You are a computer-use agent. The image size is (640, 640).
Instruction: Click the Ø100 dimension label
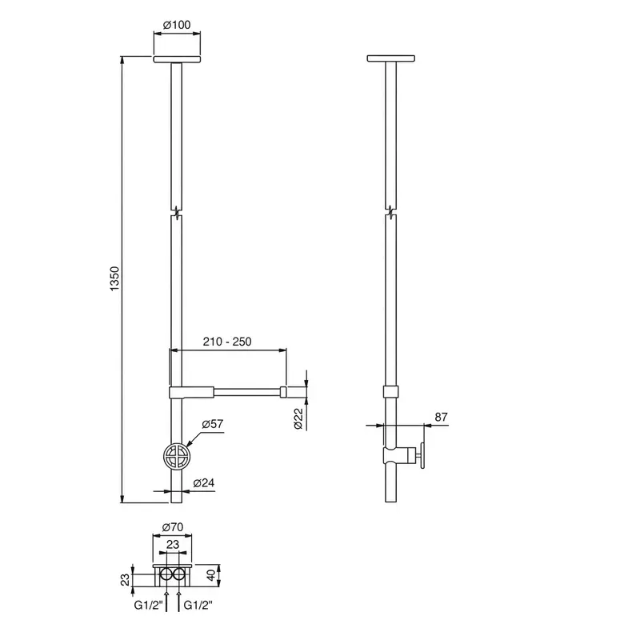[177, 25]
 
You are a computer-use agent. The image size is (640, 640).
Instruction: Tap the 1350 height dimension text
[115, 278]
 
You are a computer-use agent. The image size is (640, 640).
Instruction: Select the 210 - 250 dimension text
[227, 342]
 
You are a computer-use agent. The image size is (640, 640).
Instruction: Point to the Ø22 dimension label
[298, 418]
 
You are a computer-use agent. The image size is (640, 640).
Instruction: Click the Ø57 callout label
[213, 424]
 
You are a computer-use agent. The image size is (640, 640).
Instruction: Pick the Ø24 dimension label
[204, 483]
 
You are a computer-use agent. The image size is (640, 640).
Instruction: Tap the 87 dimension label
[442, 417]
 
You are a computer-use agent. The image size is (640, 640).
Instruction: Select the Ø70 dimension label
[173, 527]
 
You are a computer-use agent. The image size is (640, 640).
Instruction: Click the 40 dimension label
[211, 575]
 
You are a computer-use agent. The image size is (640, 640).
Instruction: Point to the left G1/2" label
[148, 605]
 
